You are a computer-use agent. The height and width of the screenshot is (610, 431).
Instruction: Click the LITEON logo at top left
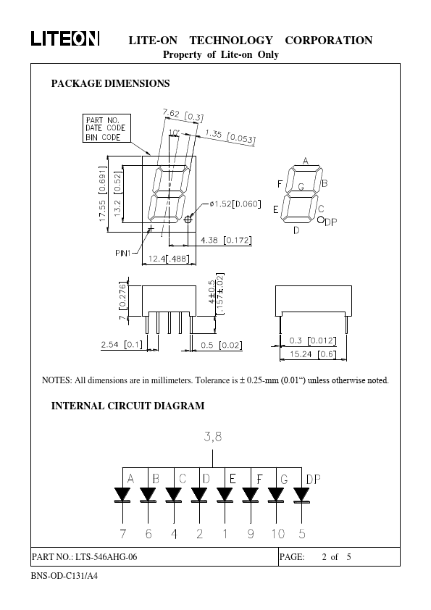[x=65, y=38]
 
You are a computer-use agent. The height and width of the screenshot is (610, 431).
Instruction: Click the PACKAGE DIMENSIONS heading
[x=111, y=83]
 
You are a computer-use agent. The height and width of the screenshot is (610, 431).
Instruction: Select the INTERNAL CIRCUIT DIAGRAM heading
[x=127, y=406]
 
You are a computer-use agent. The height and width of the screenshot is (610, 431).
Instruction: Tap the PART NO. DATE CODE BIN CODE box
[x=106, y=128]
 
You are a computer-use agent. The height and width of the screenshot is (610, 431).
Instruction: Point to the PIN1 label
[x=123, y=254]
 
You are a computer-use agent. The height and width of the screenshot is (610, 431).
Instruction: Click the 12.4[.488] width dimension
[x=169, y=259]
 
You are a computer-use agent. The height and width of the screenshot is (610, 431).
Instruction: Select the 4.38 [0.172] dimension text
[x=226, y=240]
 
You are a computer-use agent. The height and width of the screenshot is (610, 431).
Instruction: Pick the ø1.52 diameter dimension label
[x=235, y=204]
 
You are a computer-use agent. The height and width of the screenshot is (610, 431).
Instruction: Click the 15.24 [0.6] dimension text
[x=313, y=354]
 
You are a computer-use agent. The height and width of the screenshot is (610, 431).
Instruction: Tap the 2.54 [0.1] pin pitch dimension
[x=122, y=345]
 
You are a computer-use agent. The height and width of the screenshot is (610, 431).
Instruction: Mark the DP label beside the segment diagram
[x=331, y=222]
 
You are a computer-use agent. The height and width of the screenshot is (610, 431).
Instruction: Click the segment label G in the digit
[x=301, y=187]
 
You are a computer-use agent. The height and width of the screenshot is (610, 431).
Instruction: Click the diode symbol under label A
[x=122, y=495]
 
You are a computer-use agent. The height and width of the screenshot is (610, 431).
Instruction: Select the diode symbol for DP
[x=302, y=495]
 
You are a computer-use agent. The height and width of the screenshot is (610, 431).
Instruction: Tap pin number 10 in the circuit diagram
[x=278, y=534]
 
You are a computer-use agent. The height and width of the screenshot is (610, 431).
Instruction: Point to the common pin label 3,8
[x=213, y=437]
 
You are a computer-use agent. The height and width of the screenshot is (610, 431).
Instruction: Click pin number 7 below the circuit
[x=123, y=534]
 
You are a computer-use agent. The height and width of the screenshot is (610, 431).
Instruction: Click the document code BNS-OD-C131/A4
[x=64, y=576]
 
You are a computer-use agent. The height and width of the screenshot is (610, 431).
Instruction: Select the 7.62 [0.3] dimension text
[x=183, y=114]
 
